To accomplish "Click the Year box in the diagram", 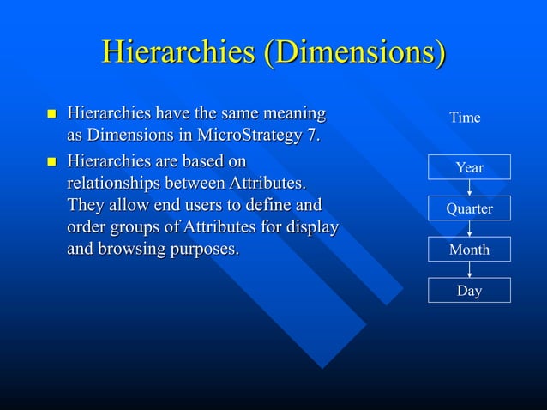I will pyautogui.click(x=469, y=167).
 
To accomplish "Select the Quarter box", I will pyautogui.click(x=469, y=208).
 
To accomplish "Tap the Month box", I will pyautogui.click(x=469, y=250).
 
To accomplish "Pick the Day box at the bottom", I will pyautogui.click(x=469, y=291).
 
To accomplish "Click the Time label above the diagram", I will pyautogui.click(x=465, y=118).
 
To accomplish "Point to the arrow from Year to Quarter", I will pyautogui.click(x=470, y=188).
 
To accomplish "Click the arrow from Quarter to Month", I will pyautogui.click(x=470, y=229).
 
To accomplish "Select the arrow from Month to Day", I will pyautogui.click(x=470, y=270).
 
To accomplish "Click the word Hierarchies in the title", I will pyautogui.click(x=177, y=53).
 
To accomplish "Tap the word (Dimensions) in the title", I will pyautogui.click(x=354, y=53).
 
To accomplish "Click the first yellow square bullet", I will pyautogui.click(x=51, y=114).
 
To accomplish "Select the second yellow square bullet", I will pyautogui.click(x=51, y=160).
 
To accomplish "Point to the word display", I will pyautogui.click(x=314, y=227).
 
